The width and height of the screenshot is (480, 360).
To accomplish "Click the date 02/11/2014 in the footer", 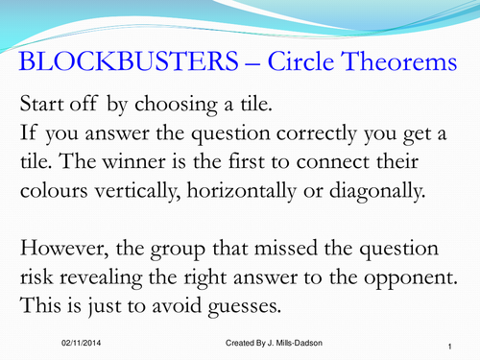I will [x=69, y=344].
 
